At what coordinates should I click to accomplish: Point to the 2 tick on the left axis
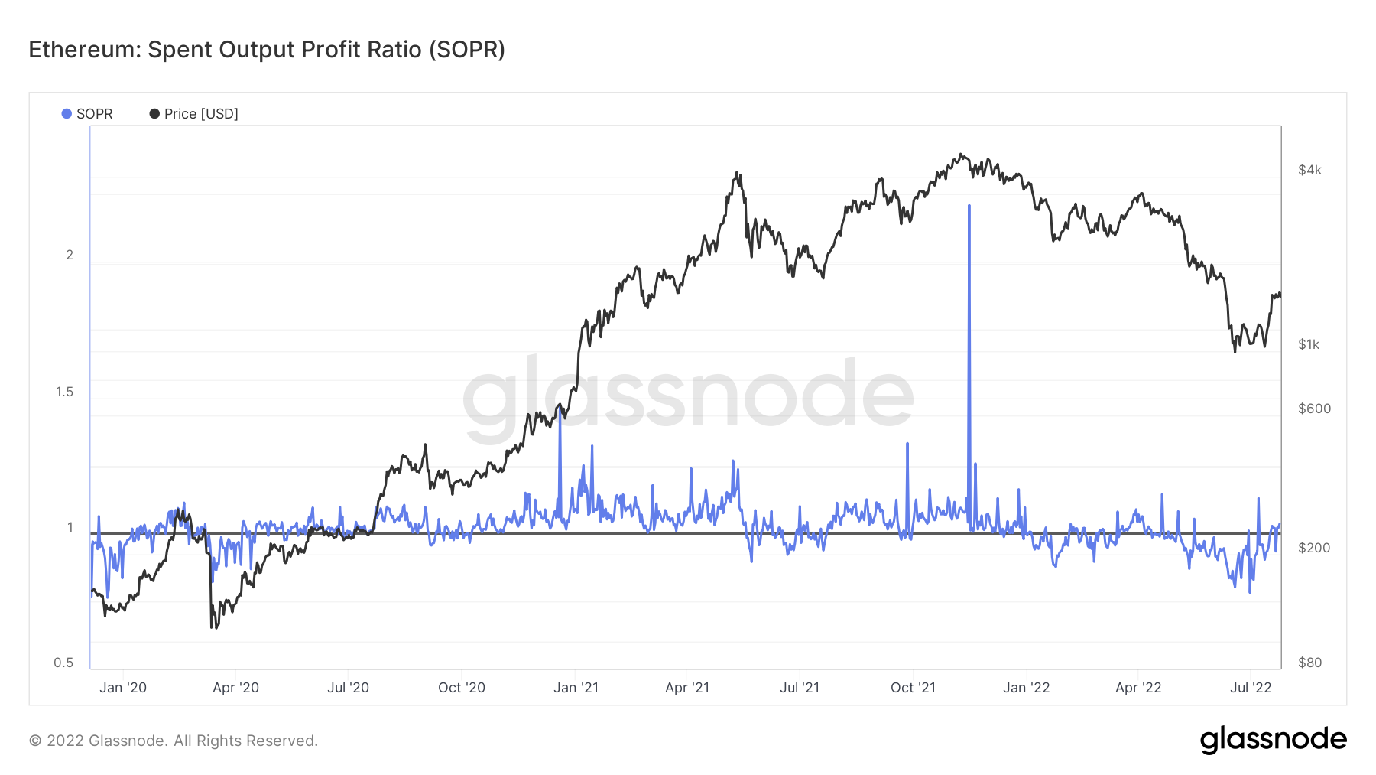(x=70, y=255)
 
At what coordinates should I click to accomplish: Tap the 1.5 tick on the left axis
(x=65, y=392)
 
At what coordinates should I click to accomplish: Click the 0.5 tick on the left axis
(x=64, y=663)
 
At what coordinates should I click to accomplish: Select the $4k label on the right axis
(x=1309, y=170)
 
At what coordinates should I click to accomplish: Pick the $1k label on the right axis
(x=1309, y=344)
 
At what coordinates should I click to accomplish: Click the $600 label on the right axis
(x=1314, y=409)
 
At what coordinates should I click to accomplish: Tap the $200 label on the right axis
(x=1314, y=548)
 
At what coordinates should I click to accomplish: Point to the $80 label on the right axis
(x=1310, y=663)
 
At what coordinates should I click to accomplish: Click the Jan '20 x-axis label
(x=123, y=688)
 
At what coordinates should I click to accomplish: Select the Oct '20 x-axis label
(x=462, y=688)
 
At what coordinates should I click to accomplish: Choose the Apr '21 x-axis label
(x=687, y=688)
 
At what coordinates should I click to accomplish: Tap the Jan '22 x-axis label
(x=1027, y=688)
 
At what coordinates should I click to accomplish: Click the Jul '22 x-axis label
(x=1251, y=688)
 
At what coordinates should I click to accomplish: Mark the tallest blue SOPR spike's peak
(x=969, y=206)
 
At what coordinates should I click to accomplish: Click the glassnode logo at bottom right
(x=1273, y=740)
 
